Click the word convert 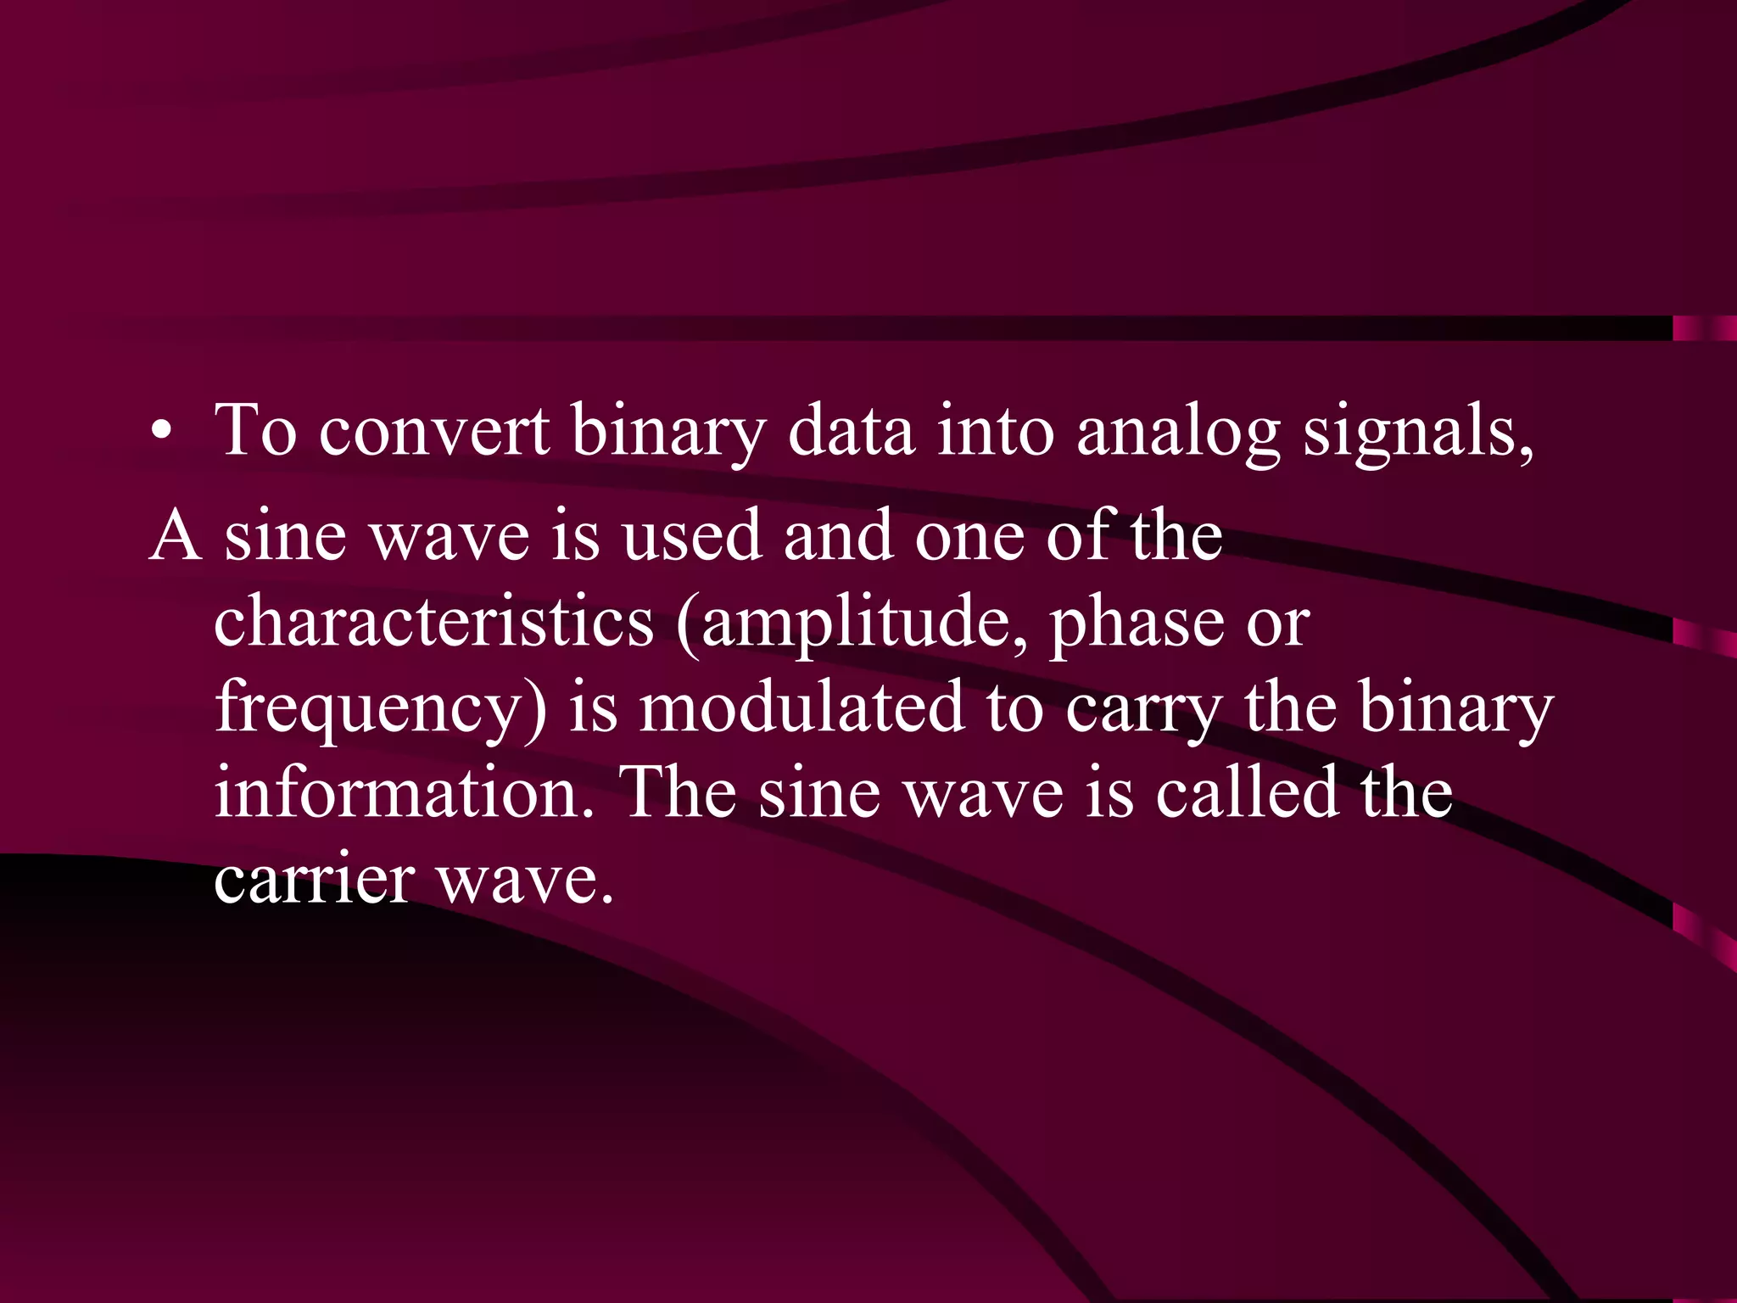coord(433,431)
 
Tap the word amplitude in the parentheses coord(861,624)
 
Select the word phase coord(1137,624)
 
